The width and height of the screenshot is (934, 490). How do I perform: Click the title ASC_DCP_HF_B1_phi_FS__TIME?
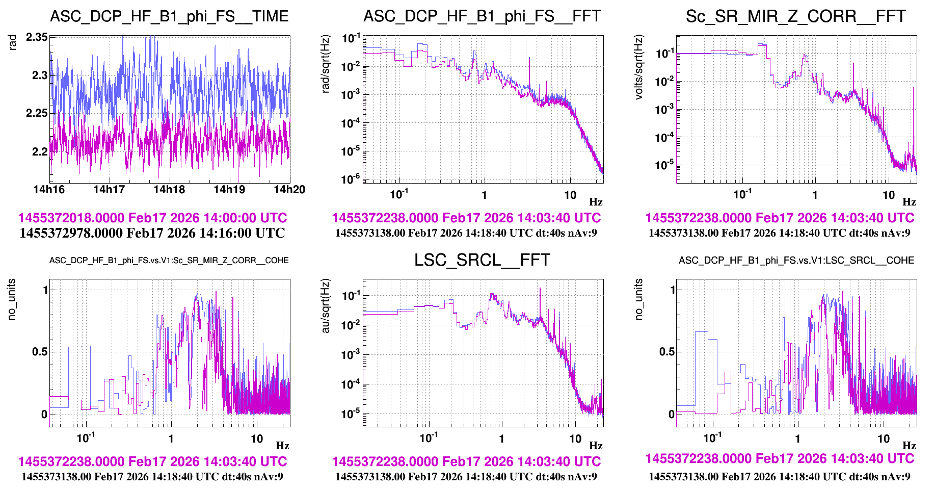(x=169, y=16)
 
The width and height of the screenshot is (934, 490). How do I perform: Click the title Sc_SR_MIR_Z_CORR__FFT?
(x=795, y=16)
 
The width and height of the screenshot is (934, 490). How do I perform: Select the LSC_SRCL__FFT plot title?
(x=482, y=260)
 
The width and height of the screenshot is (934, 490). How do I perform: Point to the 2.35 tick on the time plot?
(x=37, y=37)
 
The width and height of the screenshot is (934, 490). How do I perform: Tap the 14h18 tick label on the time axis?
(x=169, y=190)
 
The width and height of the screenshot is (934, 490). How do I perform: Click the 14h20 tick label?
(x=289, y=190)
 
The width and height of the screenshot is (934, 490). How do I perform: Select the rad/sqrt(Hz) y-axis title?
(x=326, y=63)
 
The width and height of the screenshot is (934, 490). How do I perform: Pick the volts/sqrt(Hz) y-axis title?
(x=639, y=67)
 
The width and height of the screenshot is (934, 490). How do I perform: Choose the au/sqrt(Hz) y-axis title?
(x=326, y=306)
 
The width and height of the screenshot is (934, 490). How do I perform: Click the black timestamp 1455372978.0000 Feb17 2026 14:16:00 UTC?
(x=152, y=233)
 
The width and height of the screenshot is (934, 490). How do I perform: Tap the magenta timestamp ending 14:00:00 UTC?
(x=152, y=218)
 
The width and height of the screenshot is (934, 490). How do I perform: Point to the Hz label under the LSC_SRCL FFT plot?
(x=596, y=446)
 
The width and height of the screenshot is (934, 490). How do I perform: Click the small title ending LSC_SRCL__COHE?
(x=796, y=261)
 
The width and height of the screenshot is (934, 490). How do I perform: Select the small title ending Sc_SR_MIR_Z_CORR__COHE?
(x=169, y=261)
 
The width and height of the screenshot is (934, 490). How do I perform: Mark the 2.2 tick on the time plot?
(x=40, y=151)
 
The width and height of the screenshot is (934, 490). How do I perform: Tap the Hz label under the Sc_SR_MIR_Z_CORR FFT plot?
(x=909, y=202)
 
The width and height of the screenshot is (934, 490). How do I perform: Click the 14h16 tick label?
(x=49, y=190)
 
